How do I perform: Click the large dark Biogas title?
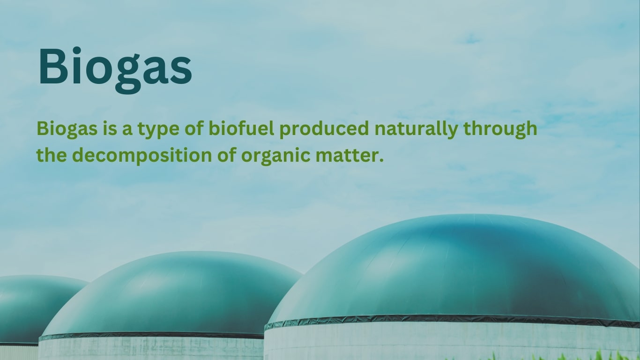click(x=115, y=67)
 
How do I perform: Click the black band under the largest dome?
click(x=450, y=320)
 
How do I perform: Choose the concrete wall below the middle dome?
click(x=150, y=349)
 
